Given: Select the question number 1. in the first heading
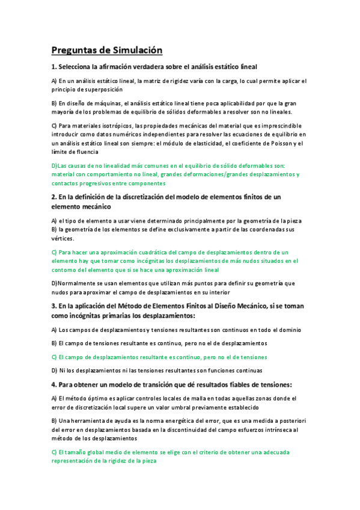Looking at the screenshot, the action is click(53, 66).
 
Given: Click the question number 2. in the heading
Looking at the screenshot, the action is click(53, 197).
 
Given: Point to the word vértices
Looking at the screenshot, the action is click(63, 238).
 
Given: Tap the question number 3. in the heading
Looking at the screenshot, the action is click(53, 306).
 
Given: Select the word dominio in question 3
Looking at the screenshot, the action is click(290, 330).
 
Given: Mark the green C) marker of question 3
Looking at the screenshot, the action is click(54, 357).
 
